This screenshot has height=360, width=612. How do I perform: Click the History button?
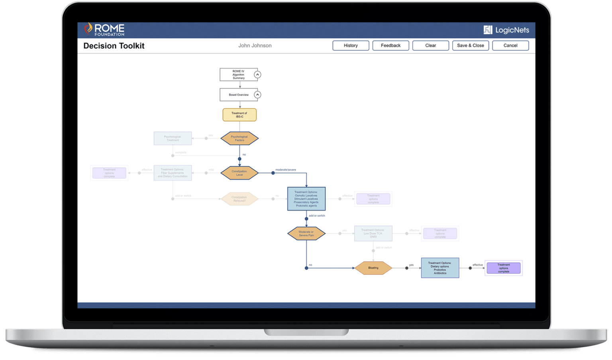[351, 45]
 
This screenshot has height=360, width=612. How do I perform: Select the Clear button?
[430, 45]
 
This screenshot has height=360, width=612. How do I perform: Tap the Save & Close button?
[470, 45]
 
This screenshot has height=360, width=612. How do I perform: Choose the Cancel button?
[510, 45]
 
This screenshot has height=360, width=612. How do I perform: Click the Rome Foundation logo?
[104, 30]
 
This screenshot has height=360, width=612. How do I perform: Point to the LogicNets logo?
[506, 30]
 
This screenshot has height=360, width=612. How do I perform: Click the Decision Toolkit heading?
[114, 46]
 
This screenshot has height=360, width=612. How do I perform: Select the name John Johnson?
[255, 45]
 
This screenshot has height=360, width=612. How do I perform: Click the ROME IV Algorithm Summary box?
[238, 75]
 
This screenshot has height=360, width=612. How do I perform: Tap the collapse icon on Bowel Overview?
[257, 95]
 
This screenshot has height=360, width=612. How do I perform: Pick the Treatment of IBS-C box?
[239, 115]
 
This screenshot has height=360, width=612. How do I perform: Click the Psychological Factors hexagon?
[239, 138]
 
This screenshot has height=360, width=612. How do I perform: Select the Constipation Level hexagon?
[239, 173]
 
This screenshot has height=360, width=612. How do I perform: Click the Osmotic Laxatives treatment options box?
[306, 199]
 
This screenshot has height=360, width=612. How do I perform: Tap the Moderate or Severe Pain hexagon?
[306, 234]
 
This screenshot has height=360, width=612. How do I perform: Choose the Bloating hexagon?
[373, 268]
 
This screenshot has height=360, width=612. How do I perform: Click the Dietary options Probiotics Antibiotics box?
[440, 268]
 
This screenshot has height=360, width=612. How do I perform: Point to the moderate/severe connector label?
[286, 170]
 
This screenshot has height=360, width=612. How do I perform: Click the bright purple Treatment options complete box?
[504, 268]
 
